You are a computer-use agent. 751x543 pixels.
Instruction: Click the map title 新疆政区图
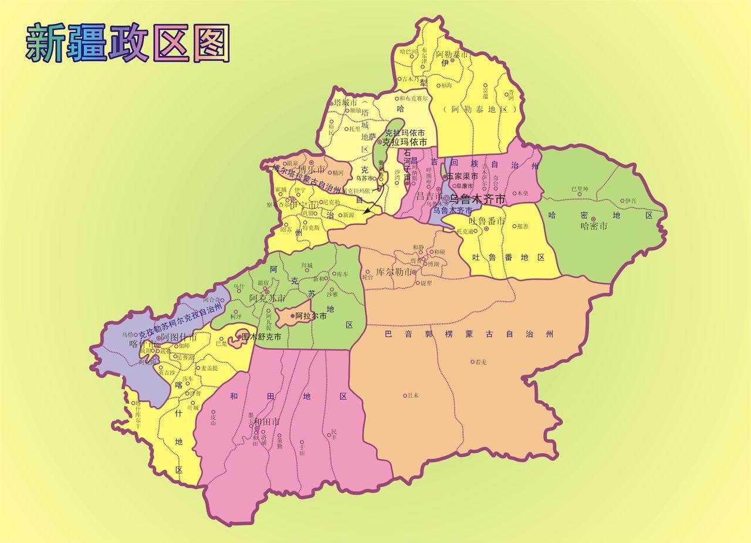[127, 43]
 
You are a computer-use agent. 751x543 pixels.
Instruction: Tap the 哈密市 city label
[593, 225]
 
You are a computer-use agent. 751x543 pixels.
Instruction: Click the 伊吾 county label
[630, 201]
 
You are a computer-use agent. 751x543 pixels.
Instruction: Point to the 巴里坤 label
[579, 190]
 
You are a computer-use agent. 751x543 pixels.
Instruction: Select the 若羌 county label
[481, 362]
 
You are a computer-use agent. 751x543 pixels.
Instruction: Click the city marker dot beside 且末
[405, 395]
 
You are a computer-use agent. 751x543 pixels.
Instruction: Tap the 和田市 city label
[266, 421]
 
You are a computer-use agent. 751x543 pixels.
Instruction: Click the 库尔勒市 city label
[393, 272]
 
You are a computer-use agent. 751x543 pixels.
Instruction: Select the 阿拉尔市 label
[311, 316]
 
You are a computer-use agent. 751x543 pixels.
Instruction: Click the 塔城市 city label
[346, 103]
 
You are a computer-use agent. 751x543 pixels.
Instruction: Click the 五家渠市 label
[462, 176]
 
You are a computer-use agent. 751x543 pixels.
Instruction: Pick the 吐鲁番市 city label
[487, 221]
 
